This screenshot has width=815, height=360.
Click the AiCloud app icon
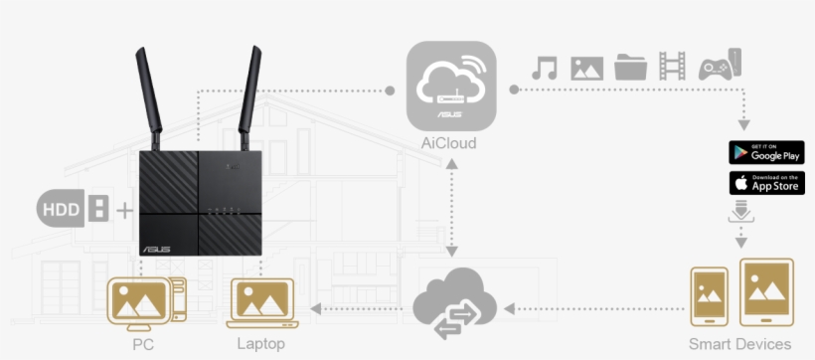click(451, 87)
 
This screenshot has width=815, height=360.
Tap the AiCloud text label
click(449, 144)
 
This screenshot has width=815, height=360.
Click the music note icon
click(544, 68)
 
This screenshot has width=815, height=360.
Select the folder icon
click(630, 68)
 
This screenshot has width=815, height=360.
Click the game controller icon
click(718, 66)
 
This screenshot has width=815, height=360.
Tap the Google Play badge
click(766, 152)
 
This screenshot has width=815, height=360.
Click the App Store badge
click(766, 183)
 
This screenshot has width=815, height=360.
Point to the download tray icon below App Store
click(741, 213)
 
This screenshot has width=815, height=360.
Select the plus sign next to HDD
click(124, 211)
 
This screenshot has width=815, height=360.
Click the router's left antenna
click(151, 94)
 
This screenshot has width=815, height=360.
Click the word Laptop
click(261, 344)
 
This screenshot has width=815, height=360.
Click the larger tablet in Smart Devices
click(766, 293)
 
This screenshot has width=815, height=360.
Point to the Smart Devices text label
click(740, 344)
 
